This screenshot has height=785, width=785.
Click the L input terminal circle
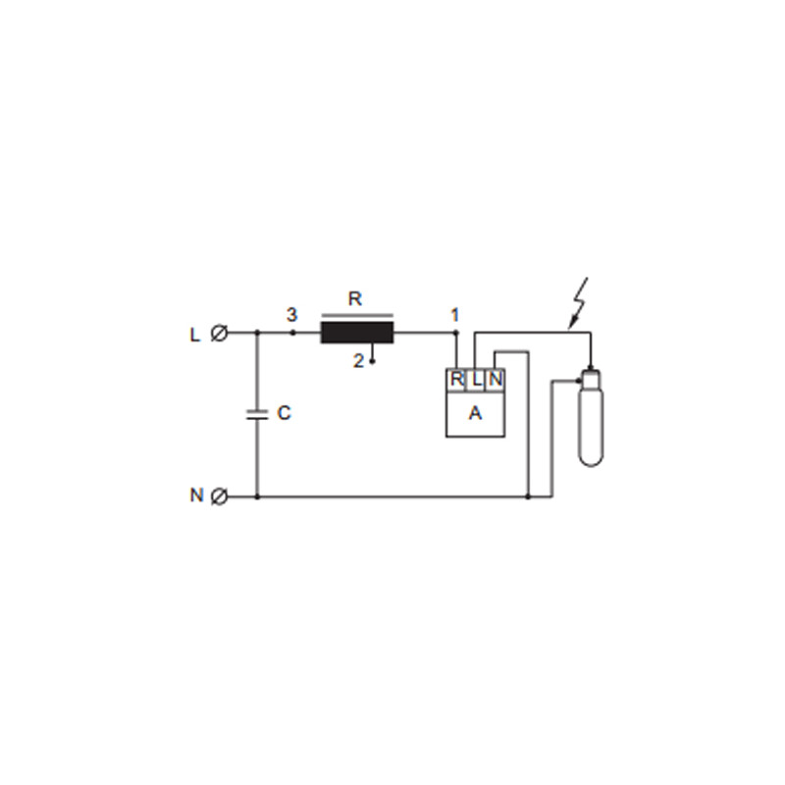click(219, 333)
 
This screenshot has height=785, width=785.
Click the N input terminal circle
click(219, 497)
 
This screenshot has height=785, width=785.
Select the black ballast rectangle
click(357, 333)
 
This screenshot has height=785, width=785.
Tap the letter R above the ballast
click(354, 299)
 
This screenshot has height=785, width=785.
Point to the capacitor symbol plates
click(257, 414)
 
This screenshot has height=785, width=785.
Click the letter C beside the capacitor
click(284, 413)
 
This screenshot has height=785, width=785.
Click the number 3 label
click(291, 315)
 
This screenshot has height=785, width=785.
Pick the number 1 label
click(454, 315)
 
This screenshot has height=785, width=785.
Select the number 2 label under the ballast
click(358, 361)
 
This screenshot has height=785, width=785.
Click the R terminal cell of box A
click(456, 380)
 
